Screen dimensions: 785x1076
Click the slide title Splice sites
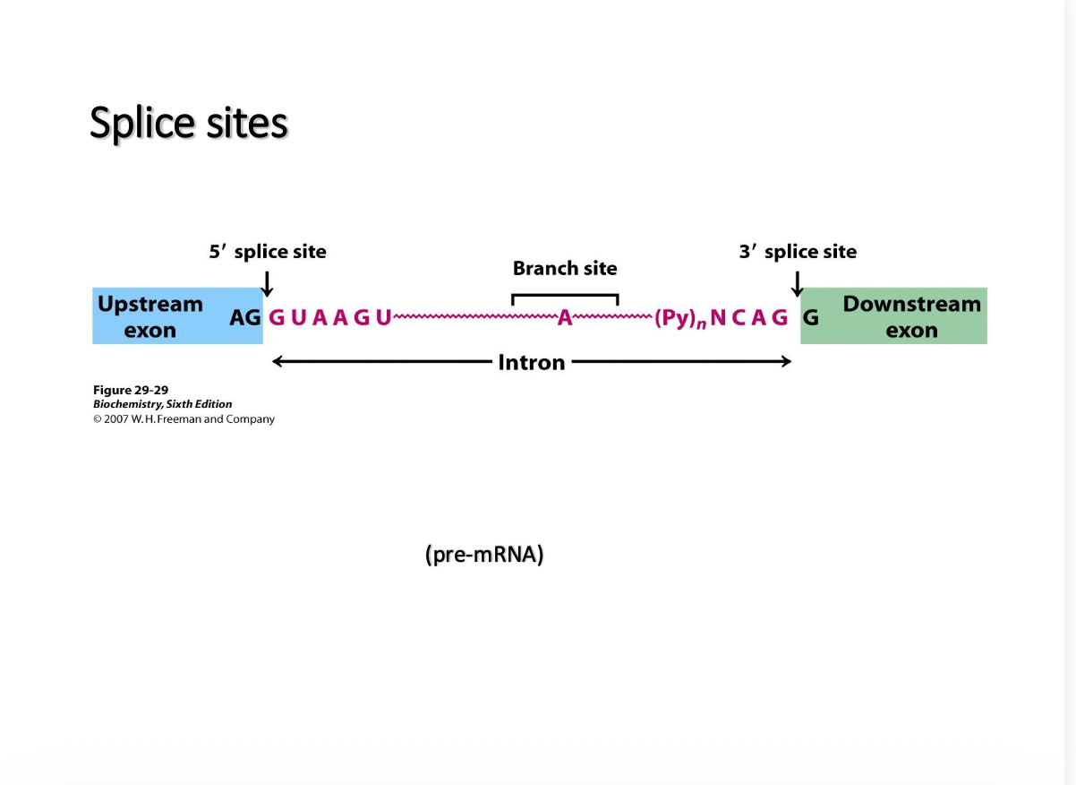coord(188,123)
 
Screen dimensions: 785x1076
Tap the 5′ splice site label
coord(268,252)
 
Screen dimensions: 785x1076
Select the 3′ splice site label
coord(798,252)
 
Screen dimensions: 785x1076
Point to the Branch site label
coord(565,268)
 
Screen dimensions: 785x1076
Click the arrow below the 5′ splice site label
coord(266,284)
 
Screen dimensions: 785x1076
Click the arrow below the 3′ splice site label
coord(798,284)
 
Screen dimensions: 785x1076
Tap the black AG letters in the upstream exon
coord(244,317)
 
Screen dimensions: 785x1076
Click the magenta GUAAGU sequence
coord(330,317)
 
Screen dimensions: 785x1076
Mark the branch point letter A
coord(565,318)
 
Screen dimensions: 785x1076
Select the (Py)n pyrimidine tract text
coord(679,318)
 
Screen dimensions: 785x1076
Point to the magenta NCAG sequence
coord(749,317)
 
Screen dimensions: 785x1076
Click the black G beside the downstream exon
coord(810,317)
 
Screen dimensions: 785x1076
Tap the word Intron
coord(532,362)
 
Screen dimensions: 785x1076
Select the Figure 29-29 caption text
coord(131,390)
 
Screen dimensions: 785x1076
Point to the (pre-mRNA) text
coord(484,555)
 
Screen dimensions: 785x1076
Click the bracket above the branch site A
coord(565,295)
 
